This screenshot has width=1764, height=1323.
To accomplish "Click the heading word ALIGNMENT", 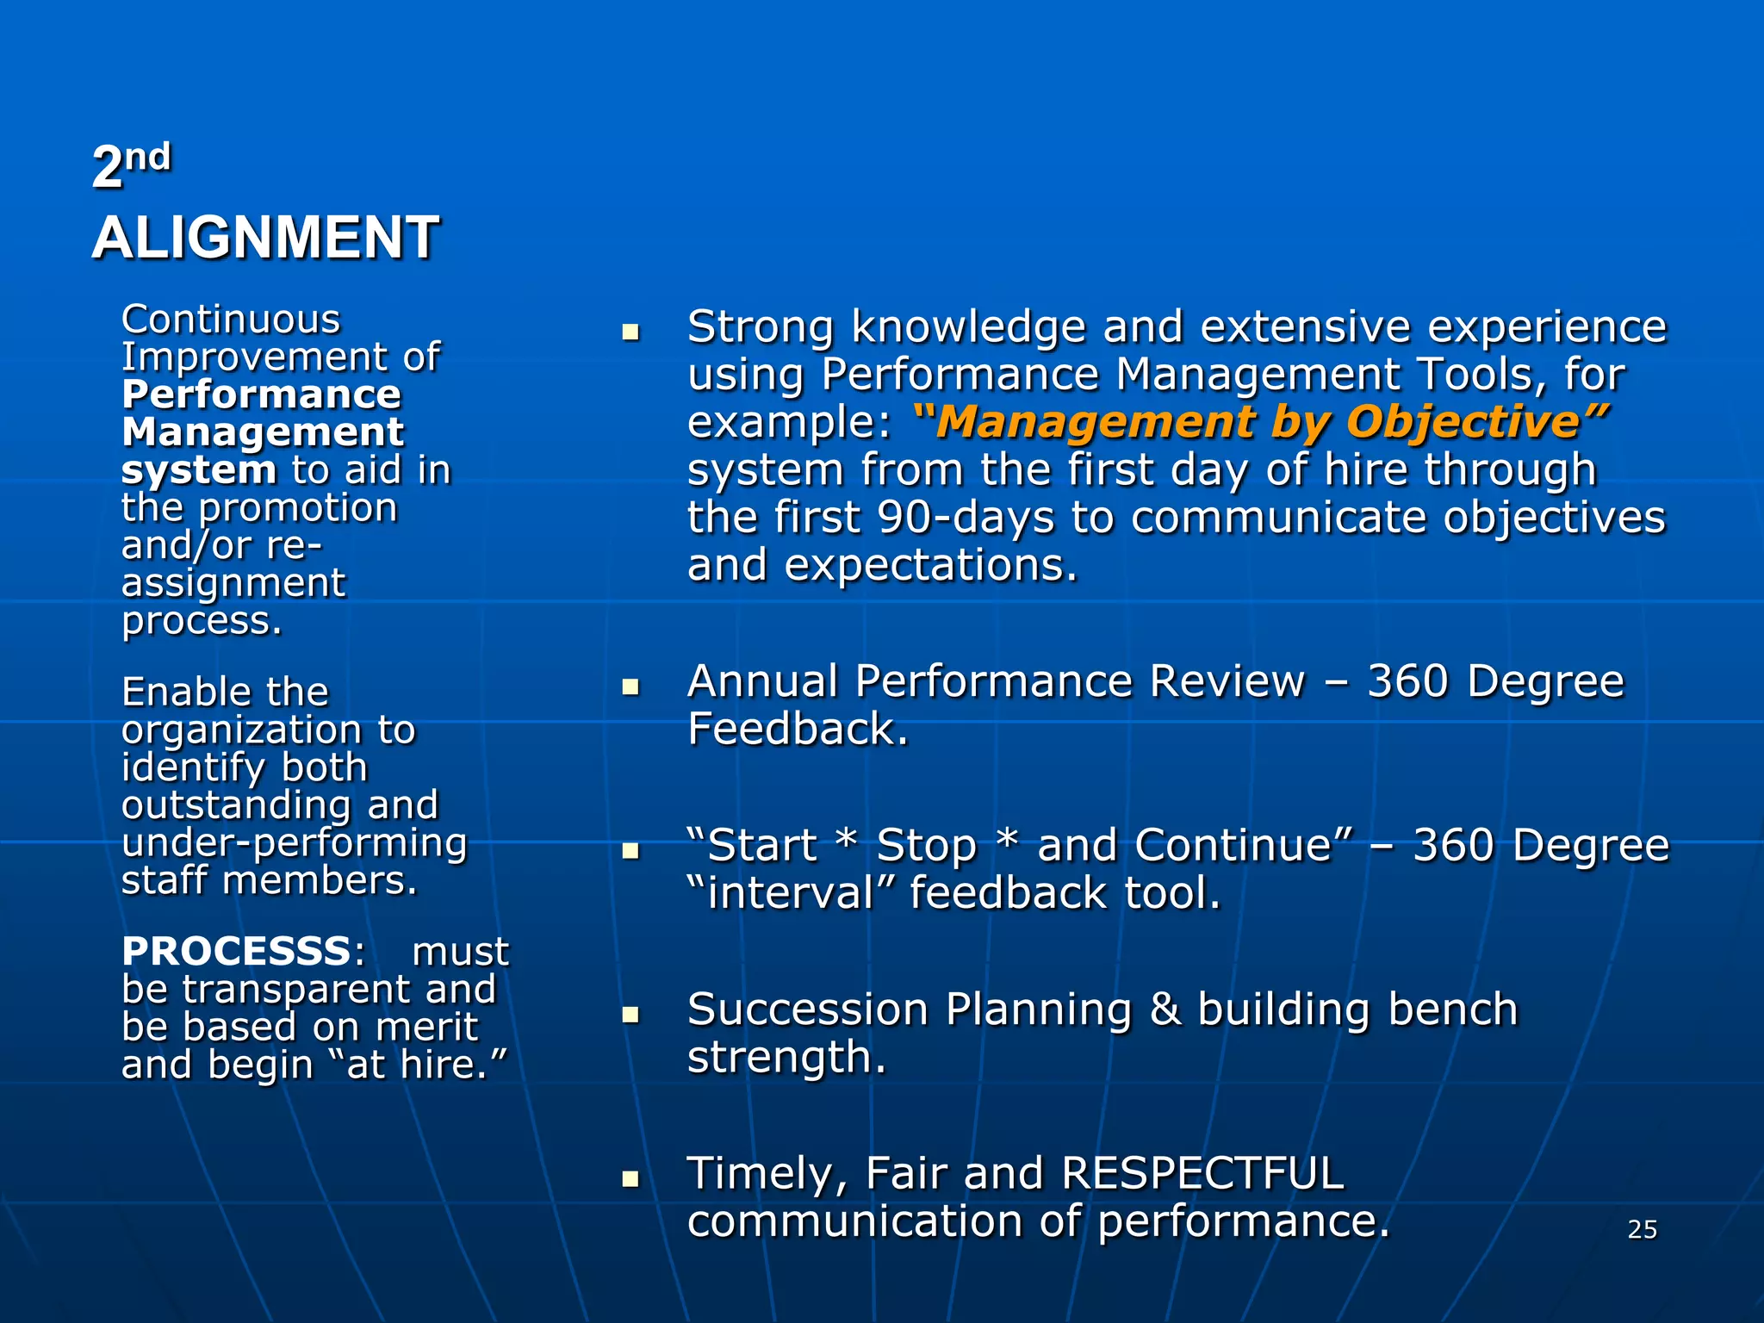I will point(265,238).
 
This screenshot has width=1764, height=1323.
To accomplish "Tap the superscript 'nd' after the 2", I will point(148,158).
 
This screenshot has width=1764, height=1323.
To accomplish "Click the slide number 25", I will point(1642,1229).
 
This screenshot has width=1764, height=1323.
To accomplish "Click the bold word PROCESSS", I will point(236,952).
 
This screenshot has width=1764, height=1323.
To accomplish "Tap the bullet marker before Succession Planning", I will point(630,1014).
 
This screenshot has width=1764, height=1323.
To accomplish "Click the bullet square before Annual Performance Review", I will point(630,686).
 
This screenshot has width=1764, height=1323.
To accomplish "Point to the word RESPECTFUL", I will point(1202,1173).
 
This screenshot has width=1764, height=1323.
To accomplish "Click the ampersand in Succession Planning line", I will point(1165,1009).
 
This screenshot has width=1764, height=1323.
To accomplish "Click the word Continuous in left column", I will point(231,320).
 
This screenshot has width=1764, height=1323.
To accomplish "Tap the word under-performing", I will point(294,844).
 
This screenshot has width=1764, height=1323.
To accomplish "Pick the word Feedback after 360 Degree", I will point(797,730).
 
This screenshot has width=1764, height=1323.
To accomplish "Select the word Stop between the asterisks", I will point(926,846).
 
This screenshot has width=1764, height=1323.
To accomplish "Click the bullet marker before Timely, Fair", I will point(630,1178).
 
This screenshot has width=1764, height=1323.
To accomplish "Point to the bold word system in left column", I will point(199,470).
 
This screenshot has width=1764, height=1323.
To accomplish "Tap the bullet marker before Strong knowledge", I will point(630,332).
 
